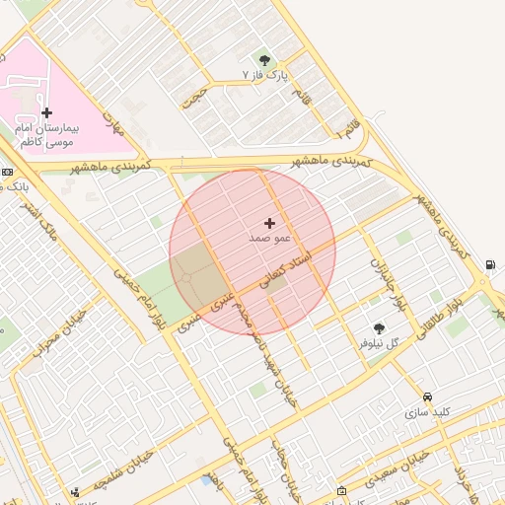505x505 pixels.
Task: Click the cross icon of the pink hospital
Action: tap(46, 112)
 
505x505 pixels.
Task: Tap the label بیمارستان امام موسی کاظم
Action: tap(46, 135)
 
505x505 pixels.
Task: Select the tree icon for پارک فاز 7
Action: tap(263, 60)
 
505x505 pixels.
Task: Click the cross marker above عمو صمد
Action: tap(269, 224)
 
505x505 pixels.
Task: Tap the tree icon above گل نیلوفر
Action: tap(379, 328)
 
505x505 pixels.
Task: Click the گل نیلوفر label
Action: tap(379, 344)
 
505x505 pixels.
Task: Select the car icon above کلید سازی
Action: tap(426, 397)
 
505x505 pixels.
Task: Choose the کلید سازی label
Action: tap(426, 412)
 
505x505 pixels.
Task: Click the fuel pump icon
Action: tap(490, 264)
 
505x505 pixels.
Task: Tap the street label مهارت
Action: tap(116, 124)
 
